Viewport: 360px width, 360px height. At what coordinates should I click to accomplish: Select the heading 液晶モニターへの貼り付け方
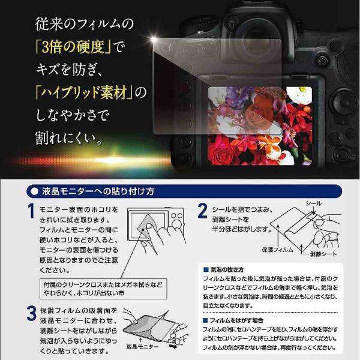pyautogui.click(x=100, y=192)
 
